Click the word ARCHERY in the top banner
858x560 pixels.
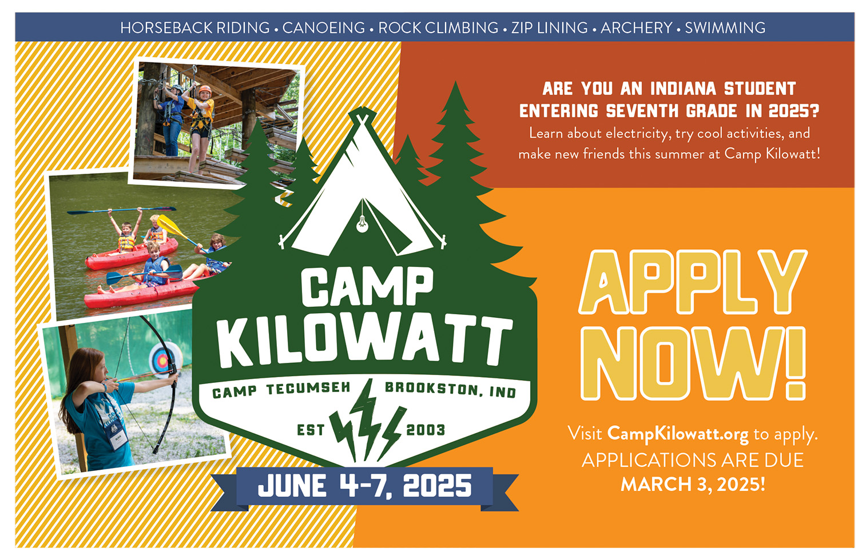[636, 27]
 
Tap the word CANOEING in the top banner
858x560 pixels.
[324, 27]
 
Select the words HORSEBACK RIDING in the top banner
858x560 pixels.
[195, 27]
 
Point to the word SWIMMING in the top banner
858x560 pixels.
[725, 27]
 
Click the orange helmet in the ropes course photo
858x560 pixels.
[205, 90]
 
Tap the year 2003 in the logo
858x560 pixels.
[425, 430]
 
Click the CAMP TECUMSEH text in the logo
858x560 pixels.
[281, 390]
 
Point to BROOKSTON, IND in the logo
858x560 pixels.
[451, 390]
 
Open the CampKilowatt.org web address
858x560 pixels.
[678, 434]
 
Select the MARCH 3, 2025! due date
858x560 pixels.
[693, 484]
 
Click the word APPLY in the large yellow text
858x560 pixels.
[693, 282]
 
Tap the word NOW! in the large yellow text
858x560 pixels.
[693, 363]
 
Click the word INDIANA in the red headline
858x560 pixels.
[684, 89]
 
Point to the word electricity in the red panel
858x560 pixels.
[638, 134]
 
